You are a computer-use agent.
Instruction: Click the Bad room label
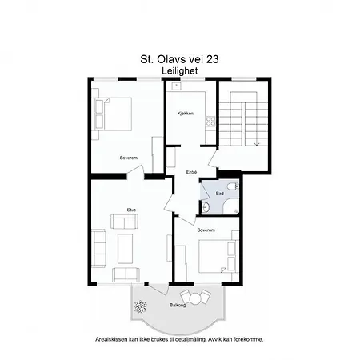pyautogui.click(x=219, y=193)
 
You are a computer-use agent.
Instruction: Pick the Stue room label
pyautogui.click(x=131, y=210)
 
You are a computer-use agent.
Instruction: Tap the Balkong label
pyautogui.click(x=178, y=305)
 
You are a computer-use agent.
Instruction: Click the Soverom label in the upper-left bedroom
pyautogui.click(x=128, y=158)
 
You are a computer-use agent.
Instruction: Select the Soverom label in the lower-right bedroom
pyautogui.click(x=206, y=230)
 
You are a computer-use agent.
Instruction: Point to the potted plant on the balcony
pyautogui.click(x=142, y=306)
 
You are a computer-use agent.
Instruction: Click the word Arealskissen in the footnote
pyautogui.click(x=112, y=339)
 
